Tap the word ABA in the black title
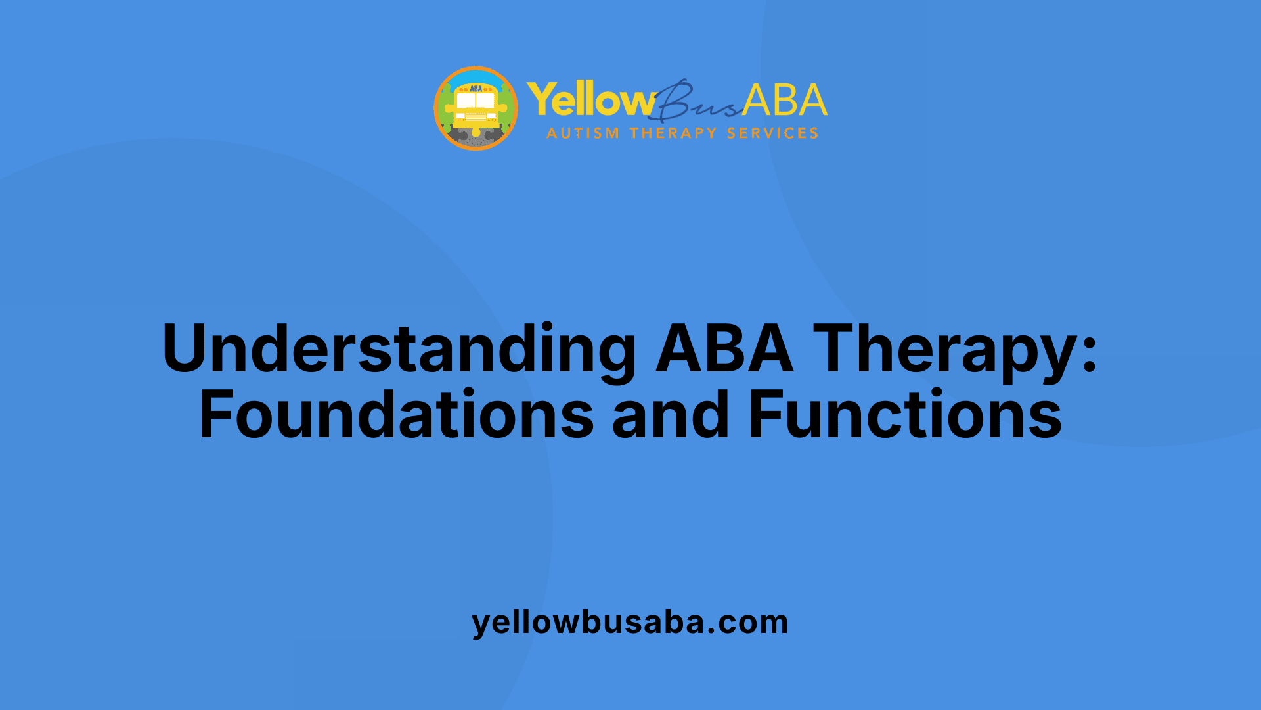(x=724, y=348)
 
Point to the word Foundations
(x=396, y=414)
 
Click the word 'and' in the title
(x=671, y=414)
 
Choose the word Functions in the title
(x=905, y=414)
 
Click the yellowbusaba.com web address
(x=630, y=623)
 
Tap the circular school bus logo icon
(x=476, y=108)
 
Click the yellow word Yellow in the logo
(x=591, y=101)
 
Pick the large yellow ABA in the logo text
(x=785, y=100)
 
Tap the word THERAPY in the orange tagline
(x=673, y=133)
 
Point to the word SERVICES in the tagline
(x=772, y=133)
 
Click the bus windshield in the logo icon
(x=476, y=101)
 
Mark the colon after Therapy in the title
(x=1090, y=356)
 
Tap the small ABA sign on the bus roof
(x=476, y=88)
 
